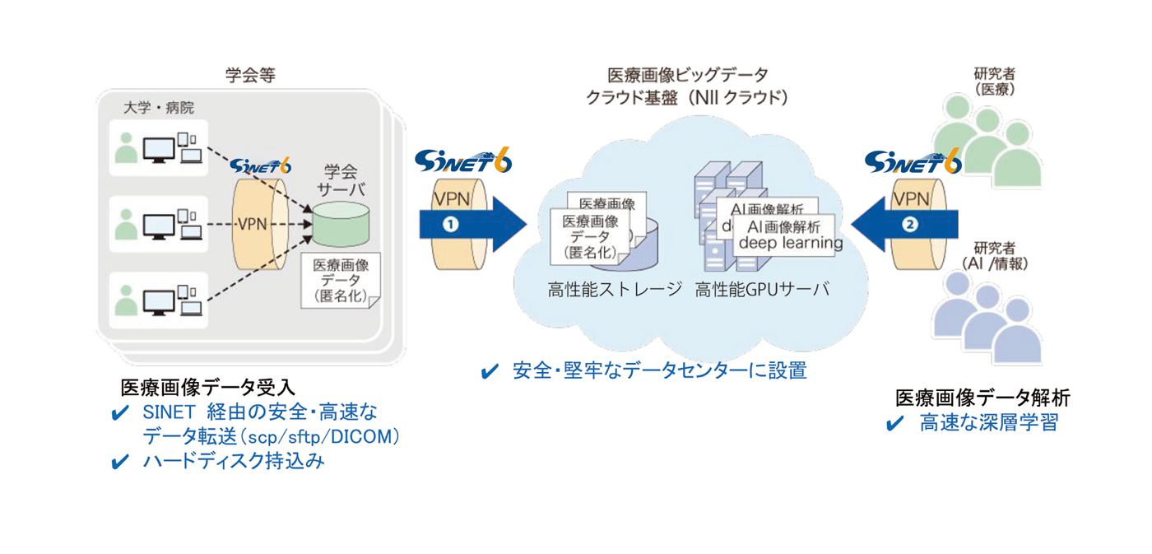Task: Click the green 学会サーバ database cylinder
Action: click(341, 226)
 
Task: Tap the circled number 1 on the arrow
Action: click(450, 224)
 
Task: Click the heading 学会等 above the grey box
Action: click(249, 75)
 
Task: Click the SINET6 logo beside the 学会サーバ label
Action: click(261, 165)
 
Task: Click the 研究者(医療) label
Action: click(993, 83)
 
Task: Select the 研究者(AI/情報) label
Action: click(994, 256)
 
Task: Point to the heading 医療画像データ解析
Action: click(982, 398)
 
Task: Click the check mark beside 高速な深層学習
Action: click(896, 425)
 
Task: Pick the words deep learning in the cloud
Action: click(790, 243)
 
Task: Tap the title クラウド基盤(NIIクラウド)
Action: click(687, 99)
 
